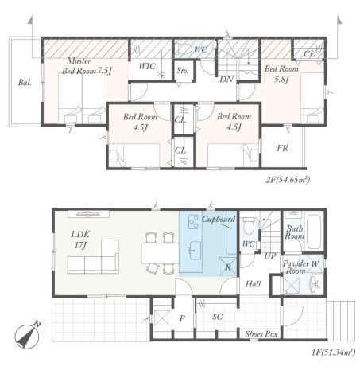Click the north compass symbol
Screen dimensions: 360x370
[x=27, y=336]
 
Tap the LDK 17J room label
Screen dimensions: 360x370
[x=80, y=240]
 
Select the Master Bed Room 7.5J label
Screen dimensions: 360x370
[x=86, y=66]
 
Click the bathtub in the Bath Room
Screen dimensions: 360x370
[x=315, y=232]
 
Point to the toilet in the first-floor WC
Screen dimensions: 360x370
[x=248, y=226]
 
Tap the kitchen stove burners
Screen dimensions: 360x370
[x=194, y=222]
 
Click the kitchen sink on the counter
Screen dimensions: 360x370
[x=195, y=251]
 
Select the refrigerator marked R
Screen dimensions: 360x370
[x=227, y=267]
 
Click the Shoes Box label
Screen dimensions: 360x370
[x=261, y=334]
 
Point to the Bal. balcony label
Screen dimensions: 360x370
[x=25, y=82]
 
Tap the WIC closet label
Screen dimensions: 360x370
[x=147, y=66]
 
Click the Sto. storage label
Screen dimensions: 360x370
[x=183, y=71]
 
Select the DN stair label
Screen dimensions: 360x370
[x=226, y=79]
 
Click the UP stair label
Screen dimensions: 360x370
[x=270, y=256]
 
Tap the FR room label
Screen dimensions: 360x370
[x=282, y=148]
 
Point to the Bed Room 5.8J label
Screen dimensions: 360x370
[x=281, y=74]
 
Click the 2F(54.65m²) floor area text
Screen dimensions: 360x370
[x=288, y=180]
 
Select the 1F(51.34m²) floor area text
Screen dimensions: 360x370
[x=333, y=352]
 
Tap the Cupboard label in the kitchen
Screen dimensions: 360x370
[x=219, y=220]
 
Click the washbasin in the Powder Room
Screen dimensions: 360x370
[x=315, y=285]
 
